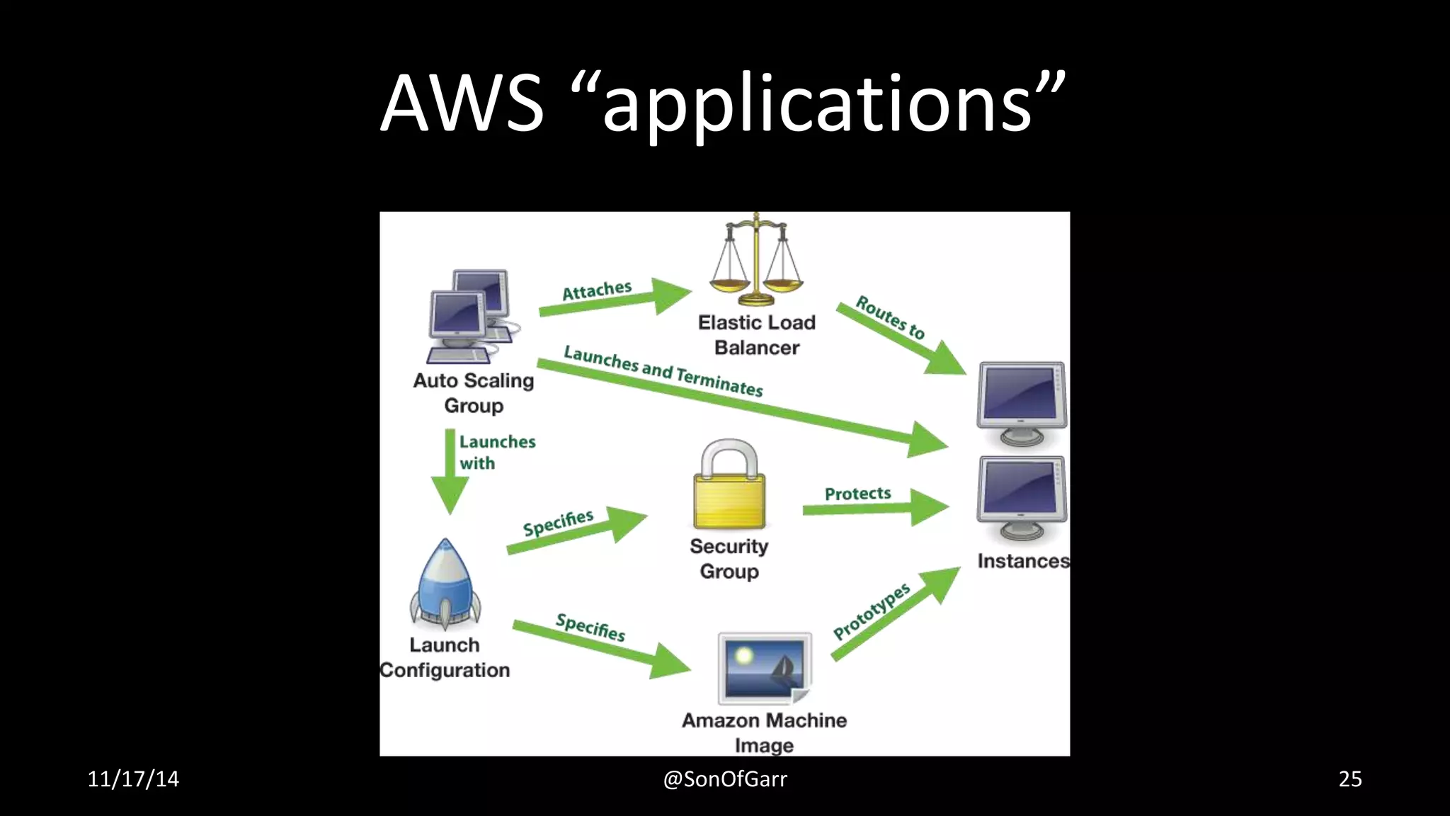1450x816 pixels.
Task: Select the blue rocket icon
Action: click(445, 584)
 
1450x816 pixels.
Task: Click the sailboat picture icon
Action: click(765, 668)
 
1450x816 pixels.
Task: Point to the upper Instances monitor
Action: click(1022, 402)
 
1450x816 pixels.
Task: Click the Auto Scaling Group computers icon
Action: click(471, 316)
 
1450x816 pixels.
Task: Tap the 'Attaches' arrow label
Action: click(597, 290)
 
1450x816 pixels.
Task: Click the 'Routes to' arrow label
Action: click(890, 317)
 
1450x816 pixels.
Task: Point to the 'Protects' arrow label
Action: click(857, 494)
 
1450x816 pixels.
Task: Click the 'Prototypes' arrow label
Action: click(871, 611)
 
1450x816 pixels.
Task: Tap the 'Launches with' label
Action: click(496, 452)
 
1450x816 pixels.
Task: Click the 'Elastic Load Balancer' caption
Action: click(756, 335)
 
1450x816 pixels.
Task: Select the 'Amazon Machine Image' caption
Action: click(764, 732)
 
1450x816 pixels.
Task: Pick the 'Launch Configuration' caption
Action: click(445, 657)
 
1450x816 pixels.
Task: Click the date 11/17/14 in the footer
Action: click(133, 779)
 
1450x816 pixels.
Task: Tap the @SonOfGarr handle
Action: click(724, 779)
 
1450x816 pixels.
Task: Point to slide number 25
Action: click(1349, 779)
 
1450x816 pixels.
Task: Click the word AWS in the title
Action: click(462, 103)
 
